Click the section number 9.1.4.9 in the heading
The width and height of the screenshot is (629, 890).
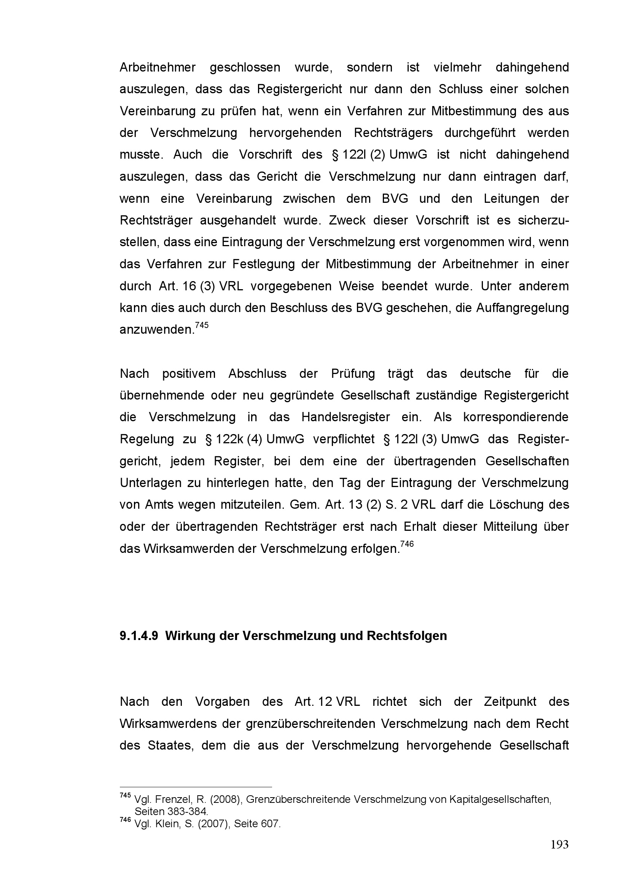click(x=139, y=636)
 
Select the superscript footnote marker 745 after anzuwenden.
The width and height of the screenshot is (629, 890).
click(x=202, y=325)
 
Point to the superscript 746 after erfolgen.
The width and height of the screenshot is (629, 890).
click(x=407, y=544)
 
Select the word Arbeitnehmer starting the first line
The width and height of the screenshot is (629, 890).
click(x=158, y=67)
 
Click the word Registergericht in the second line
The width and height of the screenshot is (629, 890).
click(x=299, y=89)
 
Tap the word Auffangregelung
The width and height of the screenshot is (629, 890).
click(x=522, y=308)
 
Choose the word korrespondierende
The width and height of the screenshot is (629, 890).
click(x=516, y=417)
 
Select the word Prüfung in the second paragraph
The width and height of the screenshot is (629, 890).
click(x=353, y=374)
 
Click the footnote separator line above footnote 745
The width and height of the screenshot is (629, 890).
click(x=196, y=787)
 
